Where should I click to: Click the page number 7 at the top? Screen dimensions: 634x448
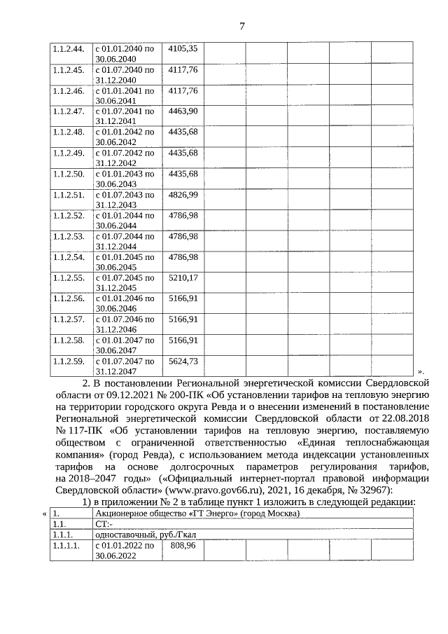click(241, 27)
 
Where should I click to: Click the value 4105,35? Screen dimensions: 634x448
click(183, 48)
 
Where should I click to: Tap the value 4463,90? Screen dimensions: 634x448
click(183, 111)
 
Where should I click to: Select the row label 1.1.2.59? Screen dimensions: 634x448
click(69, 361)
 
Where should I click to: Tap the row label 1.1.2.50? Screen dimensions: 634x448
click(69, 174)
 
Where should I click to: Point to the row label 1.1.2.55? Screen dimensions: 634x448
click(69, 278)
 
